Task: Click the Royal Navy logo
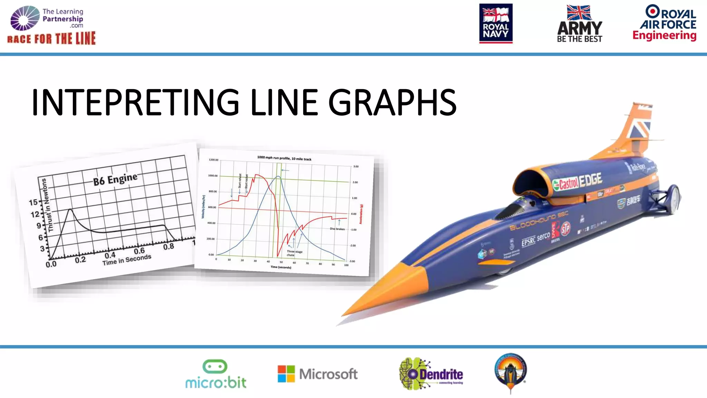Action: click(x=496, y=23)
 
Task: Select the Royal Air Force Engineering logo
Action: click(x=665, y=23)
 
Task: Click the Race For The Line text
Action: click(x=51, y=38)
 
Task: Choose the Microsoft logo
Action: click(x=318, y=374)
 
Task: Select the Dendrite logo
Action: click(x=432, y=374)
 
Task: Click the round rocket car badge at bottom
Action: click(x=511, y=372)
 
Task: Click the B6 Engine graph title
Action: click(x=115, y=179)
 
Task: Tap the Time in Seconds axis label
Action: click(x=127, y=259)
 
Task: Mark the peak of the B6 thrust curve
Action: click(x=70, y=209)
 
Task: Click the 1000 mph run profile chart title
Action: click(x=284, y=158)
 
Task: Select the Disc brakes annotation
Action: click(x=337, y=229)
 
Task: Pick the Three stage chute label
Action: click(x=294, y=253)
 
